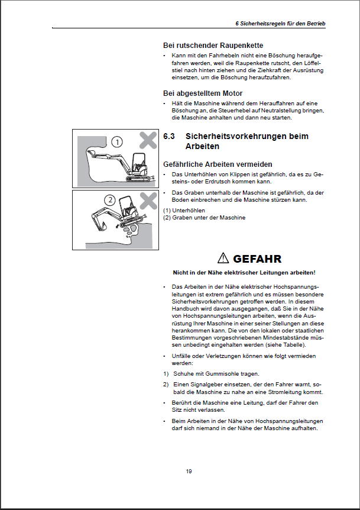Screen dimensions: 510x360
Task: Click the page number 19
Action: click(189, 471)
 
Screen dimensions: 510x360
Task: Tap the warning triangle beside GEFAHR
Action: click(222, 258)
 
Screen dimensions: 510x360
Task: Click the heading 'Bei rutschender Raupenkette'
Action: click(213, 45)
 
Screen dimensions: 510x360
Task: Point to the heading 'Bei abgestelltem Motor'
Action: click(203, 93)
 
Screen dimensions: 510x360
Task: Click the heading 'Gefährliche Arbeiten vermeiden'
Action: click(218, 164)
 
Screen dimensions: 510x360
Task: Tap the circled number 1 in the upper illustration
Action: click(117, 142)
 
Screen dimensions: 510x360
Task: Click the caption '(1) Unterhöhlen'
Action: click(184, 210)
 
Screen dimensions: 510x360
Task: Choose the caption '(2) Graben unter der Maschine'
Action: click(203, 217)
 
